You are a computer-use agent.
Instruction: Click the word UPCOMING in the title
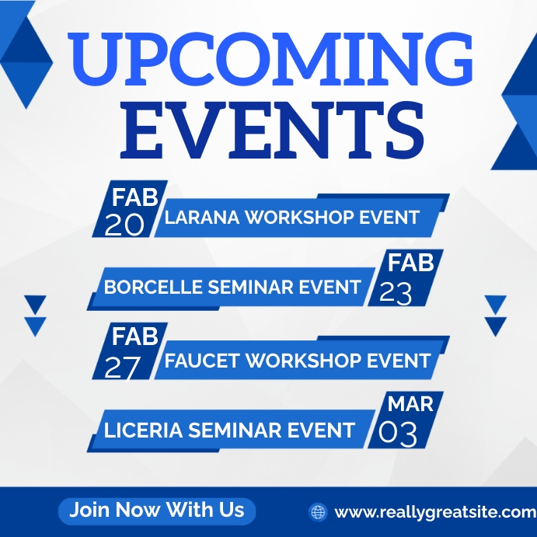pyautogui.click(x=269, y=60)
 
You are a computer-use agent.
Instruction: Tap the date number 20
pyautogui.click(x=124, y=225)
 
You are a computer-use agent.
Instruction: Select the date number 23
pyautogui.click(x=396, y=292)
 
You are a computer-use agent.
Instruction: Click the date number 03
pyautogui.click(x=398, y=434)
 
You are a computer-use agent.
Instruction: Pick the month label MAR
pyautogui.click(x=410, y=405)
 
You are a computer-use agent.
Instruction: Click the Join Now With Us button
pyautogui.click(x=157, y=510)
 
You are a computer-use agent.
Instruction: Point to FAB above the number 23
pyautogui.click(x=410, y=263)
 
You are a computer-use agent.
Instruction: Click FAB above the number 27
pyautogui.click(x=135, y=336)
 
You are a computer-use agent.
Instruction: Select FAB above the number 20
pyautogui.click(x=135, y=194)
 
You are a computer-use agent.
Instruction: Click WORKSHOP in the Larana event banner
pyautogui.click(x=299, y=218)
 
